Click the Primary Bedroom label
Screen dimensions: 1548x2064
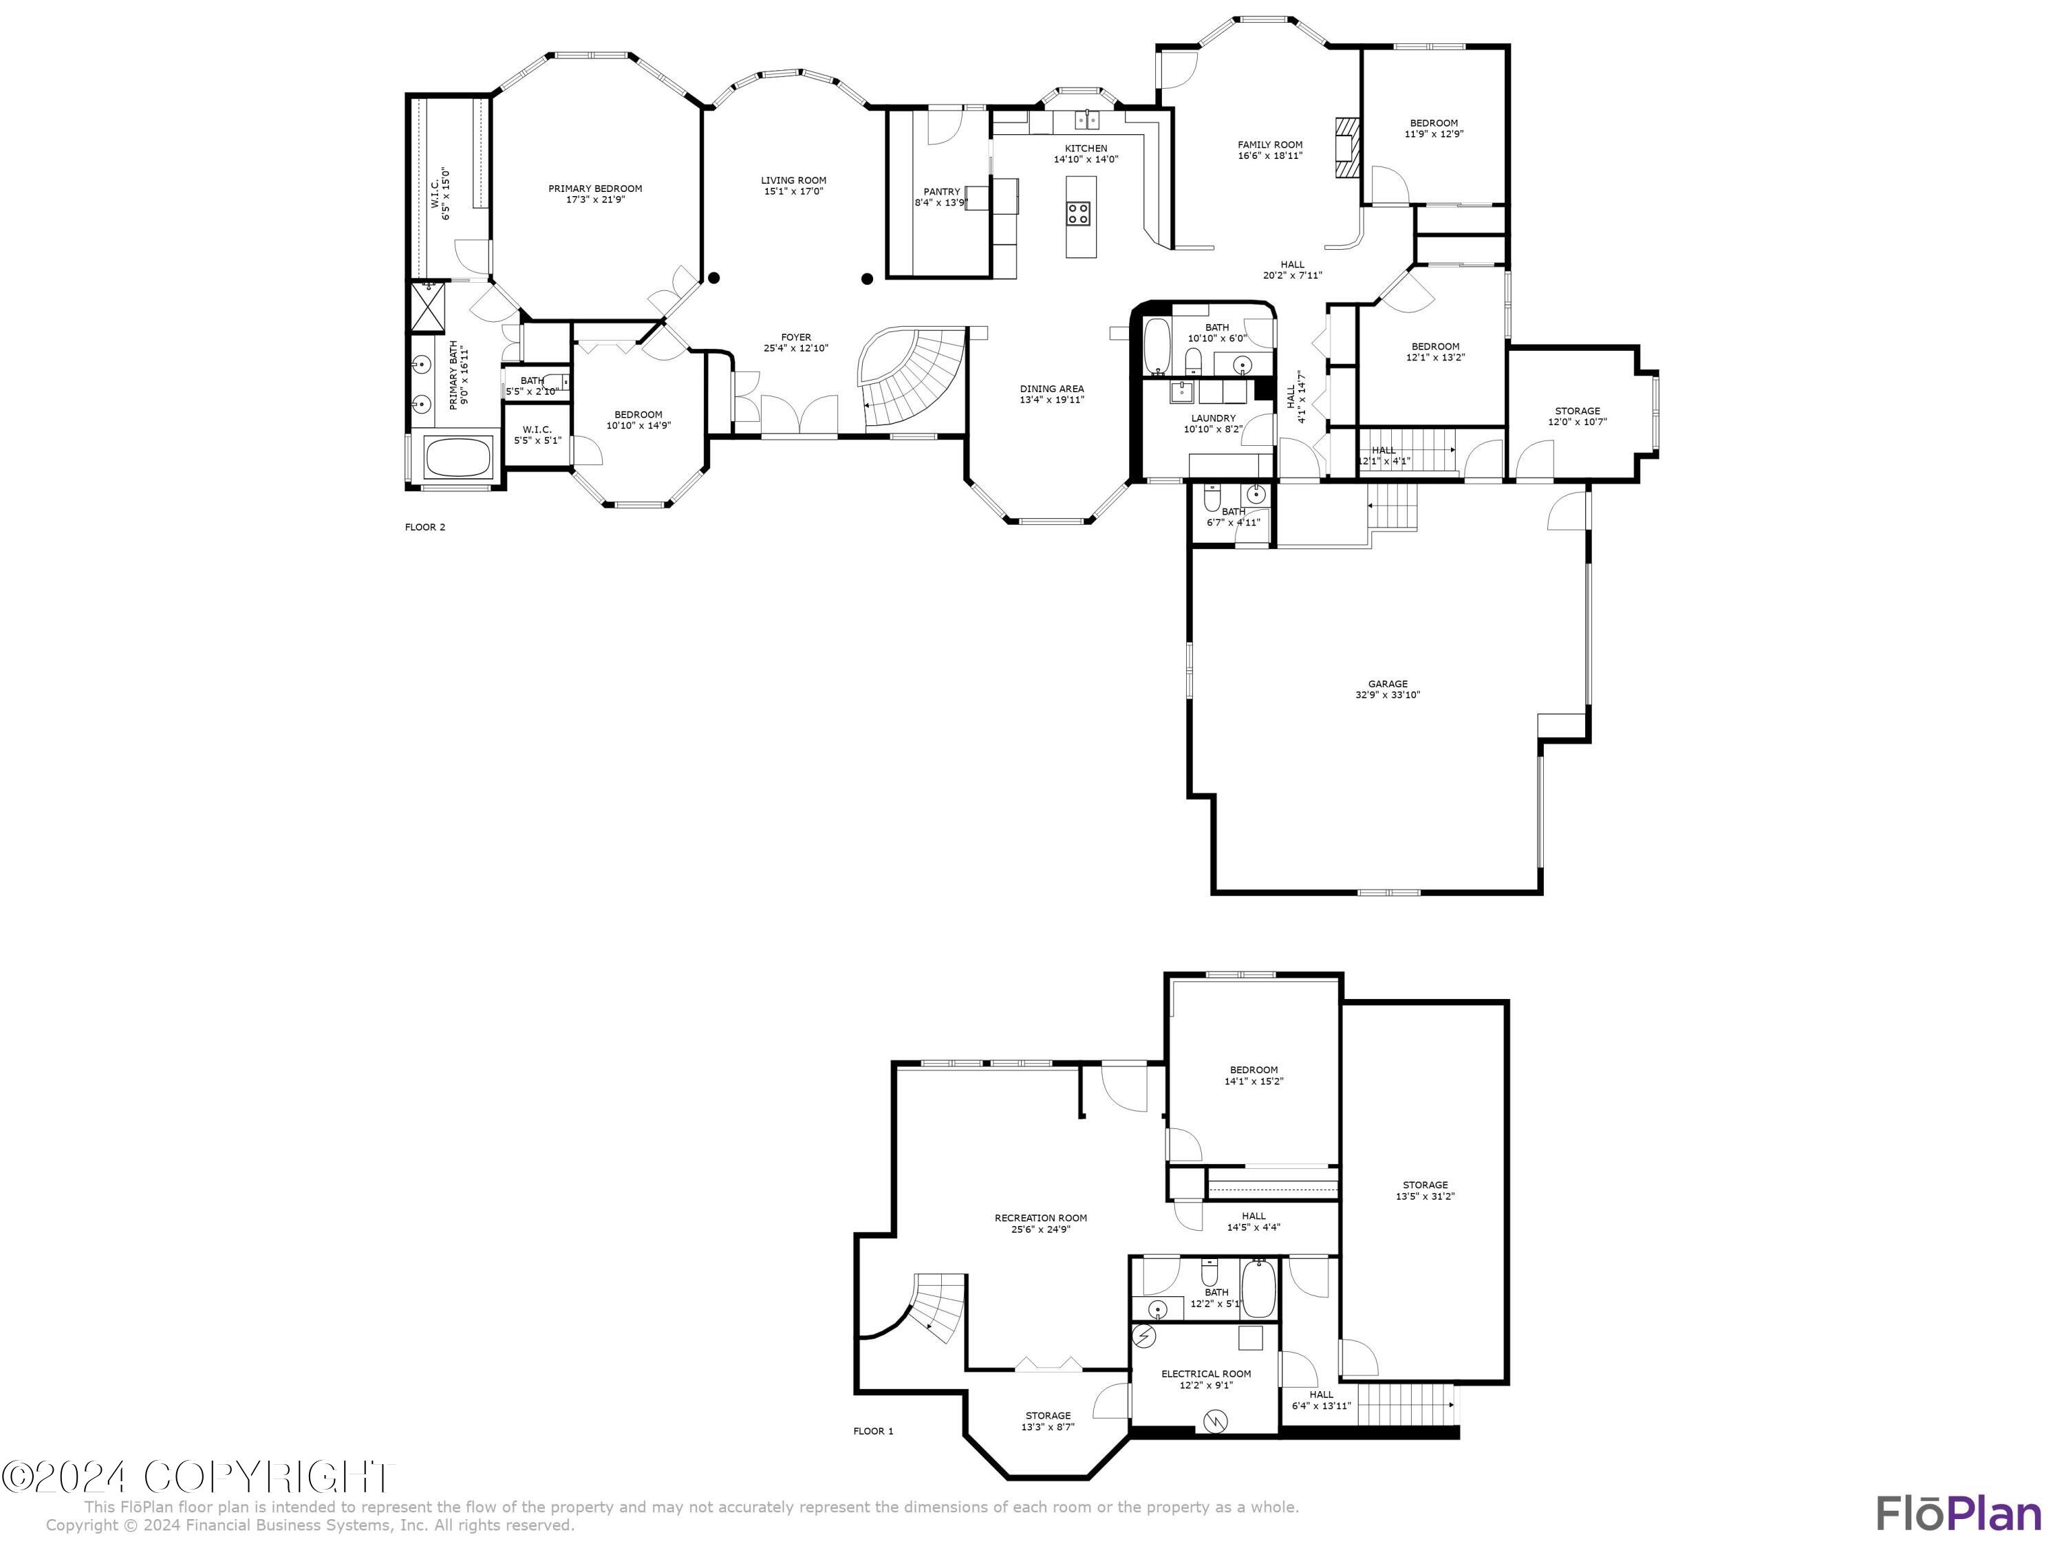[x=594, y=189]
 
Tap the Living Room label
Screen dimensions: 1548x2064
[x=793, y=181]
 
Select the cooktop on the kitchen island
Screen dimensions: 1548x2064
[x=1079, y=213]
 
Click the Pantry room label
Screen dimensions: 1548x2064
[x=940, y=192]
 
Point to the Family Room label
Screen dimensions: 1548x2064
[x=1270, y=144]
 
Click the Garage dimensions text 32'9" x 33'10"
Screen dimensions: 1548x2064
[x=1388, y=695]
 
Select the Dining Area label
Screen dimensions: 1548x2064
[x=1051, y=389]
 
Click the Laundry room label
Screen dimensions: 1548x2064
[x=1213, y=418]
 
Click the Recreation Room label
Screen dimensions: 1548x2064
[x=1040, y=1218]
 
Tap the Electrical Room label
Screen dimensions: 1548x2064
[x=1205, y=1373]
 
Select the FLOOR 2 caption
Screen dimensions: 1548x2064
[x=424, y=527]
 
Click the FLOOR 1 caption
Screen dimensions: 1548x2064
[x=873, y=1431]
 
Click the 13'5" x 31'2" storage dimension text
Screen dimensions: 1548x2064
[x=1425, y=1196]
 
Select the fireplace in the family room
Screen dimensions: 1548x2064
[x=1347, y=147]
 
